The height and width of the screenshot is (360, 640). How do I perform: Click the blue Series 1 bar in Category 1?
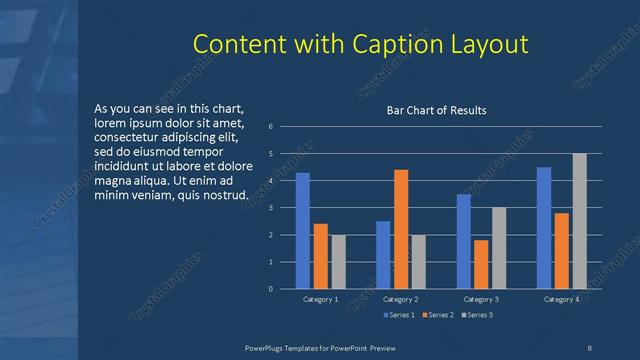[302, 231]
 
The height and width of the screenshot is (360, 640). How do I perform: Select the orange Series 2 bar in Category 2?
[401, 229]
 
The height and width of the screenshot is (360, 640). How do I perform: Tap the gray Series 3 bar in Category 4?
[579, 221]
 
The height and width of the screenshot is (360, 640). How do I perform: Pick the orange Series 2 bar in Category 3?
[481, 264]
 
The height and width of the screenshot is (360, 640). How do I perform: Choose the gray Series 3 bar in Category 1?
[338, 262]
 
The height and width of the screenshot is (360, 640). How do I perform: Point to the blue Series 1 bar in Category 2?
[383, 255]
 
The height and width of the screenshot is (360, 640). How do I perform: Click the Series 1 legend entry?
[400, 315]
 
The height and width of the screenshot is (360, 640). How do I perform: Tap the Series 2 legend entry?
[438, 315]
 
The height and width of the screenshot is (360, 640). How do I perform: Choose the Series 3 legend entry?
[476, 315]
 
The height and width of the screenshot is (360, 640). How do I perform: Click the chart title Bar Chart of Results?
[437, 110]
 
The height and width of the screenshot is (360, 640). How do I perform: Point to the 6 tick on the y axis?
[270, 127]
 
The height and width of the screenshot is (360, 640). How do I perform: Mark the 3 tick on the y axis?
[270, 208]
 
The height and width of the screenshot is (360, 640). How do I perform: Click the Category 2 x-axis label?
[401, 299]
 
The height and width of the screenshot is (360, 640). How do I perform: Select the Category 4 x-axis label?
[561, 299]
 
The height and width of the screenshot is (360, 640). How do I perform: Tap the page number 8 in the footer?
[589, 346]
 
